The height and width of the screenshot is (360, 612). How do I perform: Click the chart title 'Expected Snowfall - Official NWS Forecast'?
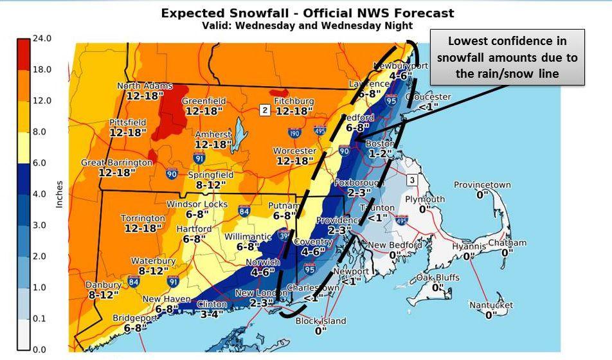point(307,13)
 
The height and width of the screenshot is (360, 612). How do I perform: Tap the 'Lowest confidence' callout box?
point(507,57)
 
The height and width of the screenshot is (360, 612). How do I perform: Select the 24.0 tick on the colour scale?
point(41,39)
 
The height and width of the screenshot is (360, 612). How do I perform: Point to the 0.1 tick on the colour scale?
point(41,318)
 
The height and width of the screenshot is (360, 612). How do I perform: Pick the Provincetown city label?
point(482,185)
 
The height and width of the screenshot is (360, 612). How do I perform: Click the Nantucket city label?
point(491,305)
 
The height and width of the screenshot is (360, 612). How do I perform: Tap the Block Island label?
point(321,321)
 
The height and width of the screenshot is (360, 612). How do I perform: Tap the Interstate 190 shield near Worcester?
point(294,133)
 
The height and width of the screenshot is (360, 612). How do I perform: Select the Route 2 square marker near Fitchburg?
point(265,111)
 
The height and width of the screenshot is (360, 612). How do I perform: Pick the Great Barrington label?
point(116,163)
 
